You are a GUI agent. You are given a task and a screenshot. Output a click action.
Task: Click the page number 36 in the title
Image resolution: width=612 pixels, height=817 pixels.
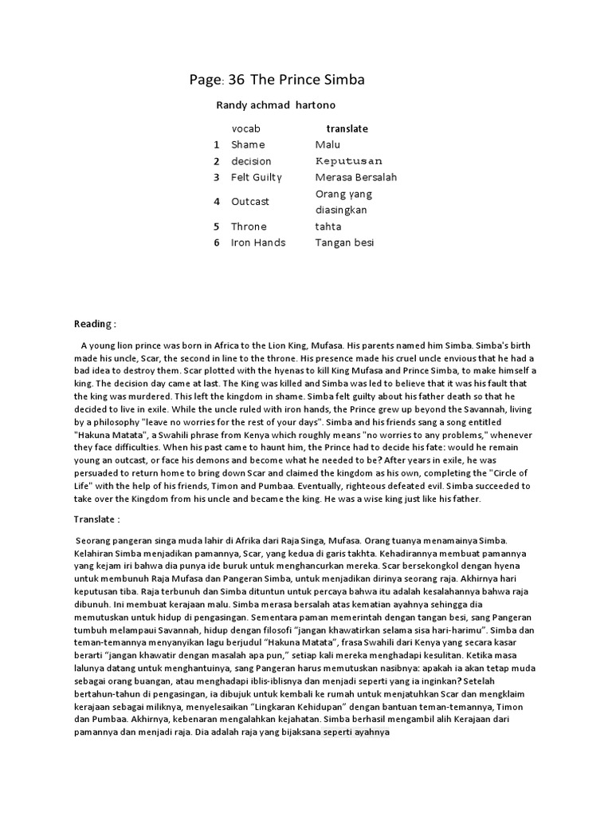(237, 80)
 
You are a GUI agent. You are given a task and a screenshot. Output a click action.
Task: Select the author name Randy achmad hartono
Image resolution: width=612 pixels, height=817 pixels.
(275, 105)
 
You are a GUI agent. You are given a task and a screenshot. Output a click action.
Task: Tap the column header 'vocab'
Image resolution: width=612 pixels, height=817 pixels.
(245, 128)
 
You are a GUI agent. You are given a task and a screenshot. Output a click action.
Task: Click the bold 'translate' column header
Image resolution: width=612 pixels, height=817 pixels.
(347, 128)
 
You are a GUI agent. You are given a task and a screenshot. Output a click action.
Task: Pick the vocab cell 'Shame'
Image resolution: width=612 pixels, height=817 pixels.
(248, 144)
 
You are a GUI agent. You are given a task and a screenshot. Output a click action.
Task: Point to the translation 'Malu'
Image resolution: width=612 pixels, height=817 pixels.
(328, 144)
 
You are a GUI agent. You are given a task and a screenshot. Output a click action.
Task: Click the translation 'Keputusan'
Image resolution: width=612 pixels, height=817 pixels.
(349, 161)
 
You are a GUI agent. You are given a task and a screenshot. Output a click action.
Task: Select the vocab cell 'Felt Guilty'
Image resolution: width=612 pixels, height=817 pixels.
(257, 177)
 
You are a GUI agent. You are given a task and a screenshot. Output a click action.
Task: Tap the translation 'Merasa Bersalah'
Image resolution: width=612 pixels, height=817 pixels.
(355, 177)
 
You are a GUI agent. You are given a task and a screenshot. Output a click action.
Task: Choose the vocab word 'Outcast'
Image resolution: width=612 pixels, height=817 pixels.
(250, 202)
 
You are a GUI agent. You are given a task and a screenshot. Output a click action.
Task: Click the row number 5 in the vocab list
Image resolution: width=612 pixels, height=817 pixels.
(216, 227)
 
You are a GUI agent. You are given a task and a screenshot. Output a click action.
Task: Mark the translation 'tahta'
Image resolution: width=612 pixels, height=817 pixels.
(328, 227)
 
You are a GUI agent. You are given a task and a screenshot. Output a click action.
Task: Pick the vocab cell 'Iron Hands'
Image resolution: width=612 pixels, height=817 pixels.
(258, 243)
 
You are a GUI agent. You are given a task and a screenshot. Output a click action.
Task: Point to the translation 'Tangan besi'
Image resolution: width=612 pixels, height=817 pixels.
(344, 243)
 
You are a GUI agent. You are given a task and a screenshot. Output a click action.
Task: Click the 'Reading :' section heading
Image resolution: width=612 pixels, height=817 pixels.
(96, 324)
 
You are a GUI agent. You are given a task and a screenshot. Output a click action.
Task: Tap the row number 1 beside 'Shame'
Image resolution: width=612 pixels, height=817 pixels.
(216, 144)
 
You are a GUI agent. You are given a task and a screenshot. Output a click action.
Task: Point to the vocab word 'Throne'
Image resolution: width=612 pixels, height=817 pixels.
(249, 227)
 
